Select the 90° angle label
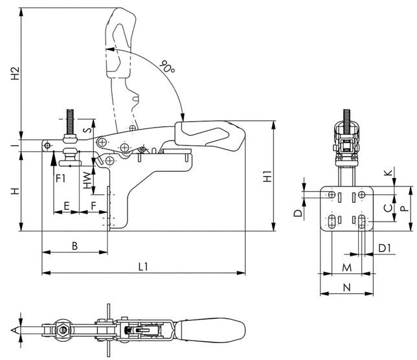(167, 67)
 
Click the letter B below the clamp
(74, 246)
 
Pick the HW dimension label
(87, 179)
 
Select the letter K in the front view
(387, 173)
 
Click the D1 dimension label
(384, 247)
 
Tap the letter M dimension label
(346, 267)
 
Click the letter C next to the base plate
(387, 208)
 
